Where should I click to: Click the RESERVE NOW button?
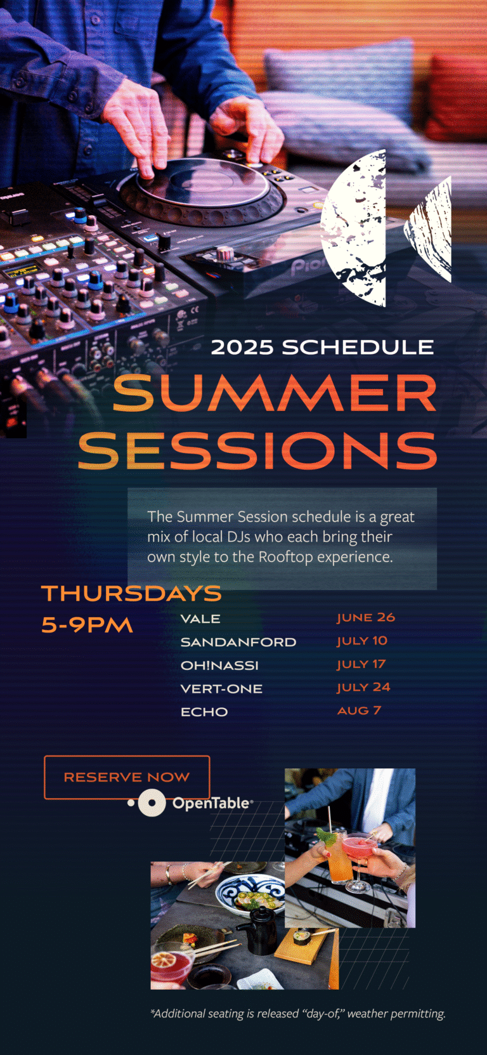(127, 777)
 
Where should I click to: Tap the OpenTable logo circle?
(152, 803)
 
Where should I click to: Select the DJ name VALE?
(200, 619)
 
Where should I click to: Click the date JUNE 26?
(366, 617)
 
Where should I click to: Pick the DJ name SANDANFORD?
(238, 642)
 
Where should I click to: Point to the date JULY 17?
(361, 664)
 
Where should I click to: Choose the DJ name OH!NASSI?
(219, 665)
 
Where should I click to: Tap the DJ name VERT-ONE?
(221, 688)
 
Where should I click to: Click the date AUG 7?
(359, 711)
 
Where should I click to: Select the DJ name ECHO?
(204, 712)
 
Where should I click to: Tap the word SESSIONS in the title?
(257, 450)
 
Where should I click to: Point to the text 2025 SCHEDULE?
(322, 348)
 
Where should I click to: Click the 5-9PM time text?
(87, 624)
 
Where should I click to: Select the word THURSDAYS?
(131, 593)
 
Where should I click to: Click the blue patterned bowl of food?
(250, 891)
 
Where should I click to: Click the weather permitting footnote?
(297, 1014)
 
